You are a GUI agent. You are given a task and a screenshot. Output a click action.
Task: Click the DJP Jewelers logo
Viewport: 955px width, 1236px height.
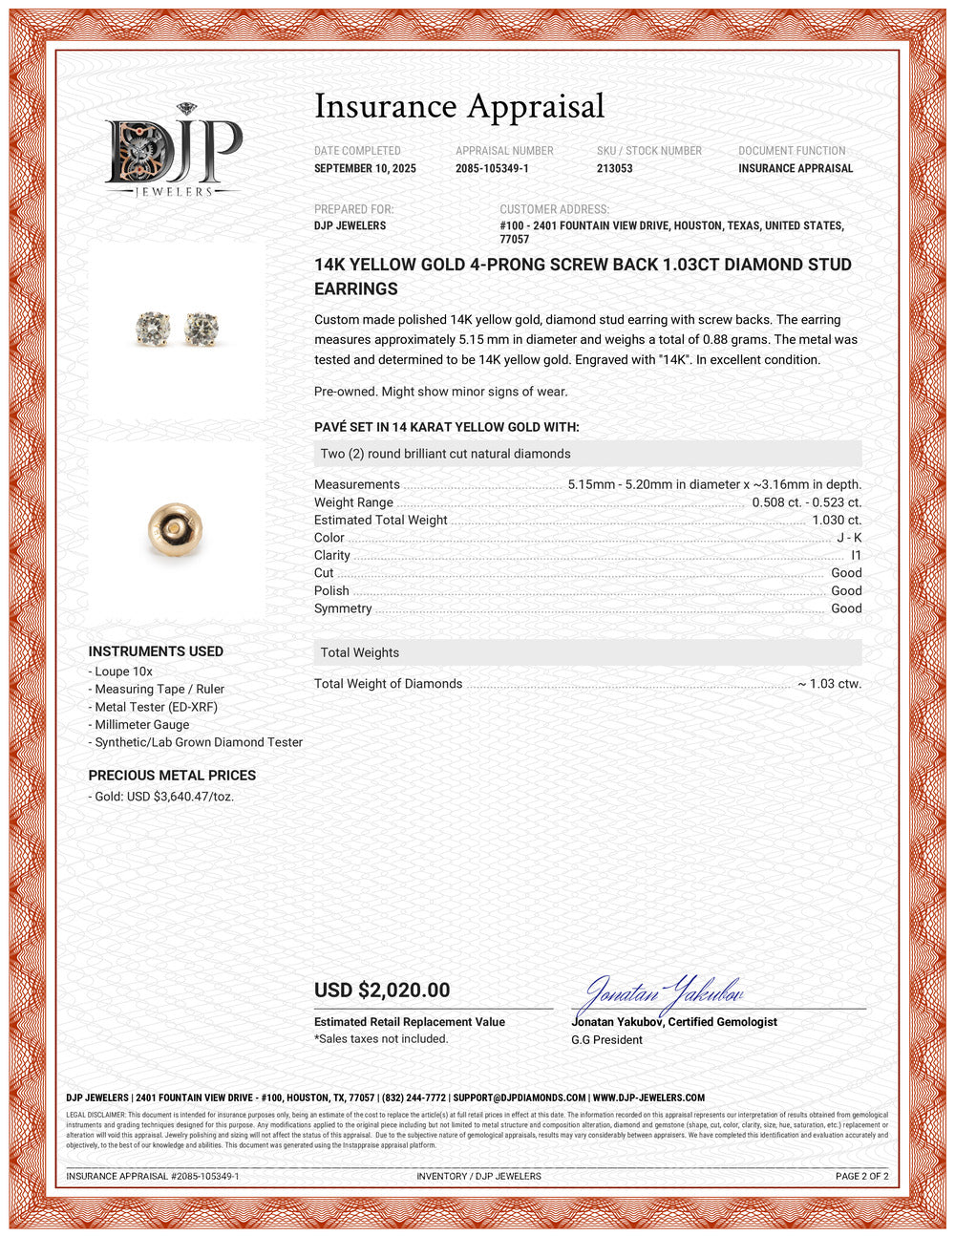coord(173,152)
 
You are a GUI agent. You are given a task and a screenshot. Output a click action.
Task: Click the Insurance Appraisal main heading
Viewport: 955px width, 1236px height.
coord(459,106)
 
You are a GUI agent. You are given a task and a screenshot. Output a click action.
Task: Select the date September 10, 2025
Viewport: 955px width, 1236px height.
coord(365,168)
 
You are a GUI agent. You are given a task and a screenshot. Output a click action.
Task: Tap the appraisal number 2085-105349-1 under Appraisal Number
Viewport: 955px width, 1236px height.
coord(492,168)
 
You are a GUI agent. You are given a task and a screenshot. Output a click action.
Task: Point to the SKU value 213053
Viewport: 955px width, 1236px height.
coord(614,168)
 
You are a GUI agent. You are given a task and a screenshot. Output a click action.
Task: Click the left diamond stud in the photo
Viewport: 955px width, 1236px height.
coord(153,329)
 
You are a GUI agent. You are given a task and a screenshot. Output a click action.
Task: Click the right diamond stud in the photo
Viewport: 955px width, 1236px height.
coord(201,329)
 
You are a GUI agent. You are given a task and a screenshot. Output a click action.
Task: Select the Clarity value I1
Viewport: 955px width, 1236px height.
coord(856,555)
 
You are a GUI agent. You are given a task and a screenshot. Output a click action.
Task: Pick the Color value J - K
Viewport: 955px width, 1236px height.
coord(849,538)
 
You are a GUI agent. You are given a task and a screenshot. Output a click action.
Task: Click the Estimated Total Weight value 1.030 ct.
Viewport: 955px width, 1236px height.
coord(837,520)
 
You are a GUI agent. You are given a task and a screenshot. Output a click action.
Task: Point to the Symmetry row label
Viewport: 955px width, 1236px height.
coord(343,608)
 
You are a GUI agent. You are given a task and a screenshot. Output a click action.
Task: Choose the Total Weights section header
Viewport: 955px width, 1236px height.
coord(360,652)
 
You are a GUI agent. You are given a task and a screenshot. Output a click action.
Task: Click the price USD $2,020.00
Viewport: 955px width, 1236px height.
coord(382,991)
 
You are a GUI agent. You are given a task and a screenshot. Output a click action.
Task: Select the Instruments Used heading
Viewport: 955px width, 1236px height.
coord(156,651)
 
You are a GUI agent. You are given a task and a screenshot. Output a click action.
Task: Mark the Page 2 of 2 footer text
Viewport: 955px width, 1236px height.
coord(861,1176)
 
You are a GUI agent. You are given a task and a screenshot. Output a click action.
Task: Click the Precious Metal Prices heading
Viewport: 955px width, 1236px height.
coord(172,776)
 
